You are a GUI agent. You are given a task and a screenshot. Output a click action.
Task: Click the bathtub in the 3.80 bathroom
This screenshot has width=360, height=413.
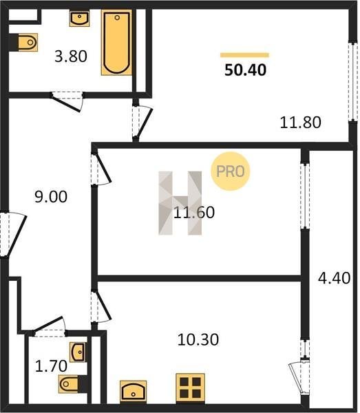point(116,43)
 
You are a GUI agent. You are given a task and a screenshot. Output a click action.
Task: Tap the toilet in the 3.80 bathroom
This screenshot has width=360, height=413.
point(28,42)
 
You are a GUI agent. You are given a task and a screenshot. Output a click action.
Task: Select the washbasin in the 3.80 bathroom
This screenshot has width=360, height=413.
point(79,18)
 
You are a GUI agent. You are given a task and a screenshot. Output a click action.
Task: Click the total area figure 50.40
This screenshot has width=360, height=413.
point(245,70)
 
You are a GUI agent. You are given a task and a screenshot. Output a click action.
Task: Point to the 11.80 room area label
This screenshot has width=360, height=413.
point(300,123)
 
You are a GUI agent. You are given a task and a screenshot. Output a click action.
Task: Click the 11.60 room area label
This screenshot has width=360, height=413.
point(194,213)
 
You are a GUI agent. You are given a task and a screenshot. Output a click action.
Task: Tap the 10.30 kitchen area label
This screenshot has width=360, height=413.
point(198,339)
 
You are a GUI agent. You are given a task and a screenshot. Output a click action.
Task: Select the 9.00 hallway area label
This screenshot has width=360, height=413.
point(51,197)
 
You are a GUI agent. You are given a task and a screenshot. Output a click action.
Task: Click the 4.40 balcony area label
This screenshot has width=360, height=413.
point(335,278)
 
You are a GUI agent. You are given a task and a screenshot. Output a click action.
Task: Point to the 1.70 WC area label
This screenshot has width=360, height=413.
point(51,366)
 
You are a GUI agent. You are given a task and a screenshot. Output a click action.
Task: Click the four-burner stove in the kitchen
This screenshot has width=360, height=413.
point(191,388)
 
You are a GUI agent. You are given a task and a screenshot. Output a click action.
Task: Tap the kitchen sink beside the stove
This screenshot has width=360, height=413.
point(133,392)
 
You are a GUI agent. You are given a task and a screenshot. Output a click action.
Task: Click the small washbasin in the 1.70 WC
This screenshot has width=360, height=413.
point(78,352)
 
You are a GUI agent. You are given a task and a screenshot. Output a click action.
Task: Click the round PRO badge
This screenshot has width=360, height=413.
point(230,171)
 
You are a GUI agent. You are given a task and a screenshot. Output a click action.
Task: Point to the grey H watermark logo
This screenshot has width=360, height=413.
point(180,203)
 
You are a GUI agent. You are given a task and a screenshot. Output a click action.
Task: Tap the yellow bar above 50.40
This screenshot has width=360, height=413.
point(244,55)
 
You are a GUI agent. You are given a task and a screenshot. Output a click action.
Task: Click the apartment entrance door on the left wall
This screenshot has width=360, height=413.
point(12,235)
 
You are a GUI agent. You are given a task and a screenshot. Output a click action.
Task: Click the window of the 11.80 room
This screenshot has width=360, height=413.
point(353,81)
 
